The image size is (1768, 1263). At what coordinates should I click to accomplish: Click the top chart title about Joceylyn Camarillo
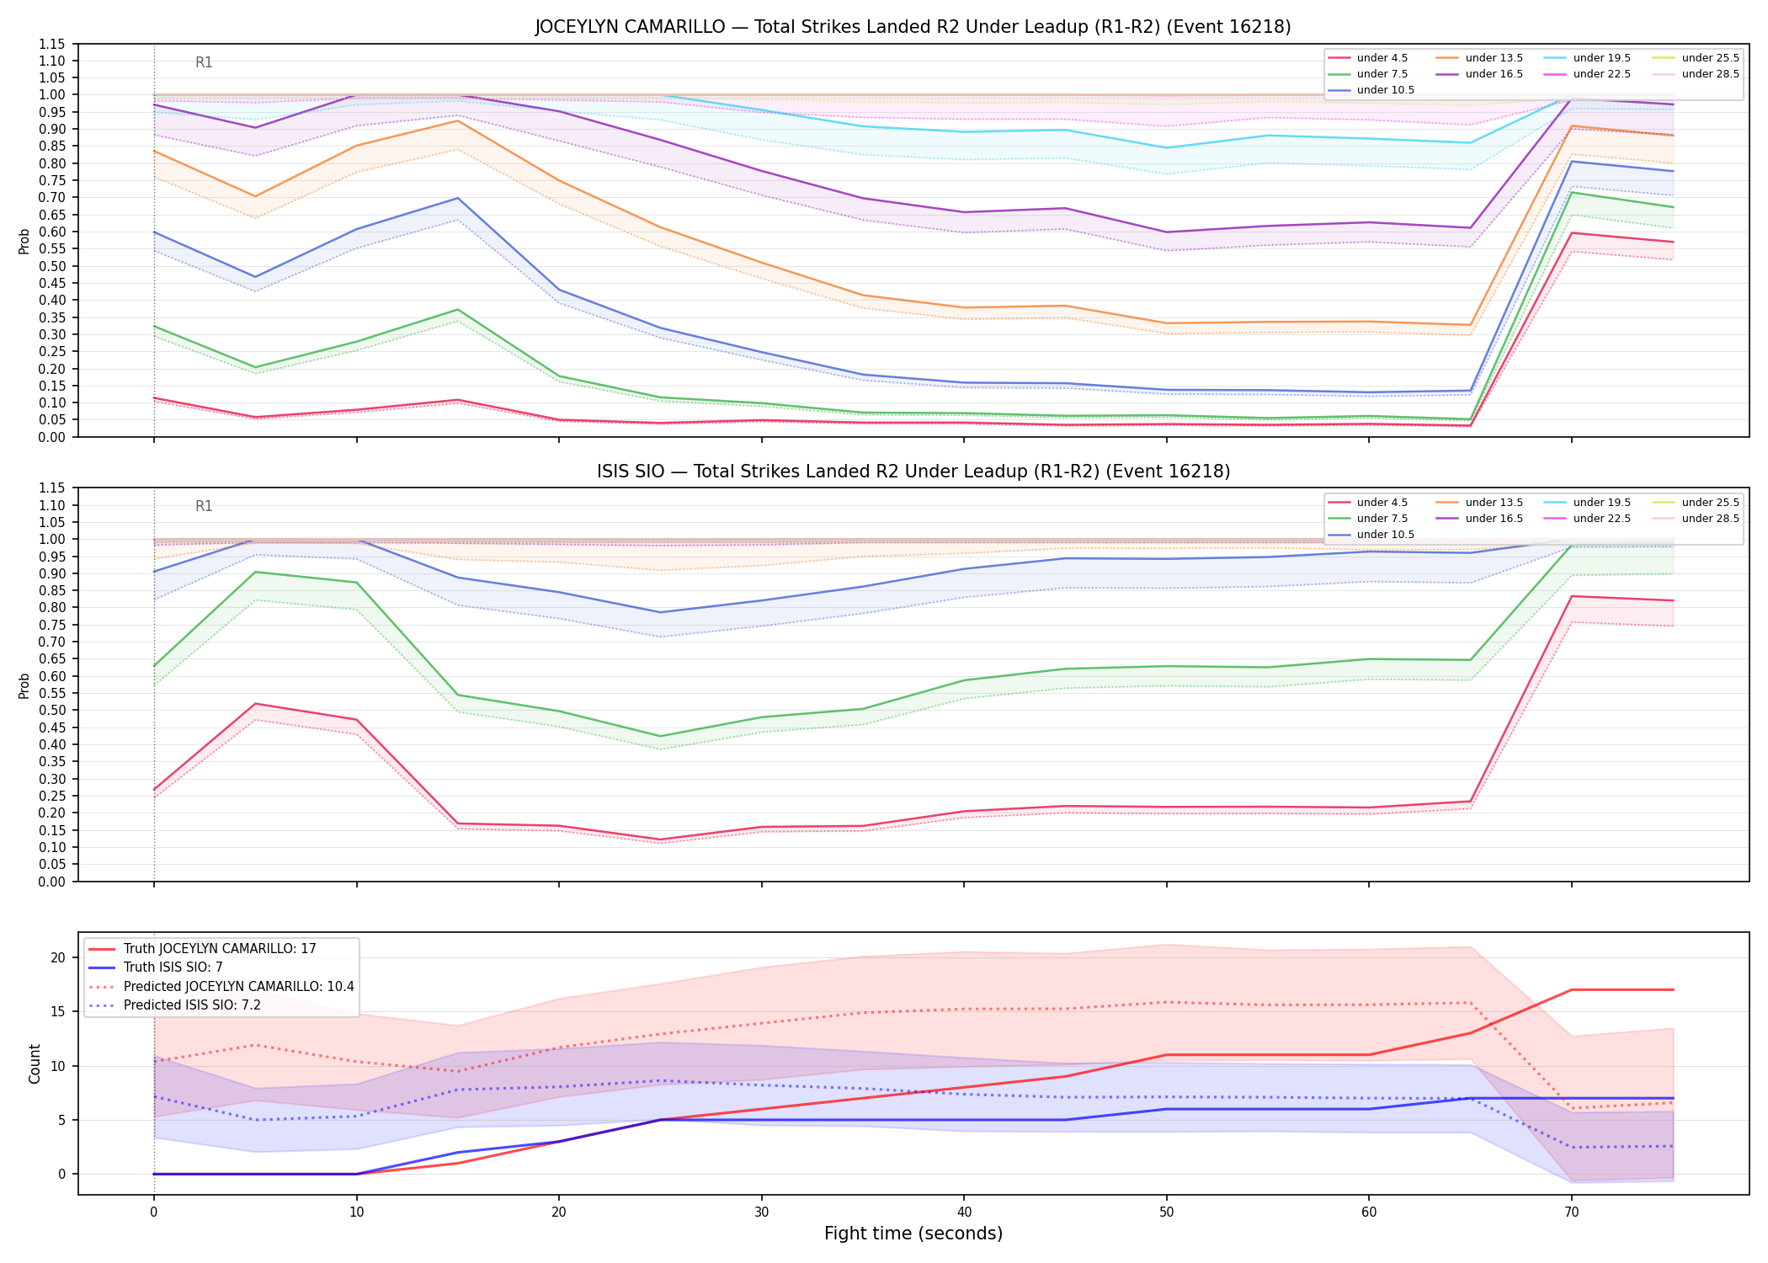tap(913, 27)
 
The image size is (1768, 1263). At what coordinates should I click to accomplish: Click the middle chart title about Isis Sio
tap(913, 472)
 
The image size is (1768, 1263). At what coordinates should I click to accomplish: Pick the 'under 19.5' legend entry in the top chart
tap(1589, 58)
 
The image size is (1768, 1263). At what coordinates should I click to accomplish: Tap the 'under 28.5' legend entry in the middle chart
tap(1696, 519)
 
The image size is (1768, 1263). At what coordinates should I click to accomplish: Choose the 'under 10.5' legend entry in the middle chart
tap(1371, 535)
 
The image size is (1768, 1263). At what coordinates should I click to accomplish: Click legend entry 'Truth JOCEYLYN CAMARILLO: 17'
tap(202, 948)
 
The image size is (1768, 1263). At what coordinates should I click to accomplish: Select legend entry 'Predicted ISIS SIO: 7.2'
tap(174, 1005)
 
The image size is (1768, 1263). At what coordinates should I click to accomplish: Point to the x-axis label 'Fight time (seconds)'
tap(913, 1234)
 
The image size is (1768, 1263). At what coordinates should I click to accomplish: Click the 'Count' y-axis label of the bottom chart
tap(35, 1063)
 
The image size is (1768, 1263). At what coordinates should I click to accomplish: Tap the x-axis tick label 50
tap(1166, 1212)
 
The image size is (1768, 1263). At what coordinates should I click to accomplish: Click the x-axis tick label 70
tap(1571, 1212)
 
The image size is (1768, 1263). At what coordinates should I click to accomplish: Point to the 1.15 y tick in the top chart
tap(54, 44)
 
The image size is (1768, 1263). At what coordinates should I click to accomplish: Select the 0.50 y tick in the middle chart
tap(54, 710)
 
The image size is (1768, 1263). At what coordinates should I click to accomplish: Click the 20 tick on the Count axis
tap(58, 957)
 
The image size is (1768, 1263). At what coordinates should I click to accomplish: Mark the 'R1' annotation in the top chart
tap(204, 62)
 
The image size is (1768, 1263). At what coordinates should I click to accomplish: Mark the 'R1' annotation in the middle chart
tap(204, 506)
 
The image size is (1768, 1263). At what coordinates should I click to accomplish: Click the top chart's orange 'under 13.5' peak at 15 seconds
tap(457, 120)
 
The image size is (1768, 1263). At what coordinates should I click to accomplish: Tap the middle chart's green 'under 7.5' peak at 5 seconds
tap(255, 572)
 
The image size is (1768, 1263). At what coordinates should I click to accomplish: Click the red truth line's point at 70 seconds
tap(1571, 989)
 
